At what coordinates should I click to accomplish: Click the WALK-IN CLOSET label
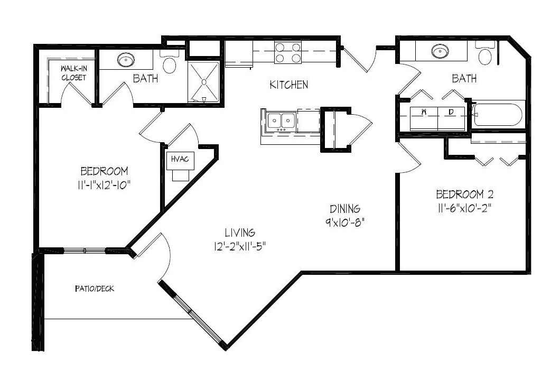tap(74, 73)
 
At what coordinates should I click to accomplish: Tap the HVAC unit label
tap(180, 159)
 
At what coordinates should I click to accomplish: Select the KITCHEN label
tap(288, 85)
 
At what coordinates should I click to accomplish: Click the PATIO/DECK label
tap(95, 289)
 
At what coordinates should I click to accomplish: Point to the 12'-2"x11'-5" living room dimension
tap(240, 246)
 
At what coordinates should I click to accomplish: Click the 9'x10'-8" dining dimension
tap(344, 223)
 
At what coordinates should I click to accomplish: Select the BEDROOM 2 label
tap(465, 194)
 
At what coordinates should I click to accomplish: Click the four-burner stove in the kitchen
tap(287, 52)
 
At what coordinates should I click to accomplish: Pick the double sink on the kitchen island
tap(282, 121)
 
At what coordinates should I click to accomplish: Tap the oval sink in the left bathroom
tap(126, 60)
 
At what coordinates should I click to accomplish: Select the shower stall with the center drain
tap(203, 82)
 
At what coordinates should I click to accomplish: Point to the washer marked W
tap(424, 118)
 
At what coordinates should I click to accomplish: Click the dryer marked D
tap(451, 118)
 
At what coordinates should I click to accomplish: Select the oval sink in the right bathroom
tap(441, 51)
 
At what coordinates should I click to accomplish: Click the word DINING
tap(344, 209)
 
